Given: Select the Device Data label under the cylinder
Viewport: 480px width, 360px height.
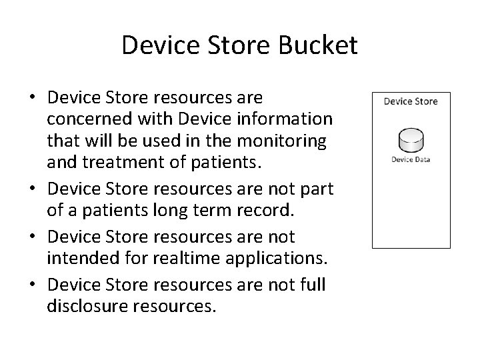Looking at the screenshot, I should [410, 159].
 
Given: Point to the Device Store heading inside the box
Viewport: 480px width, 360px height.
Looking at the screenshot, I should [411, 101].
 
